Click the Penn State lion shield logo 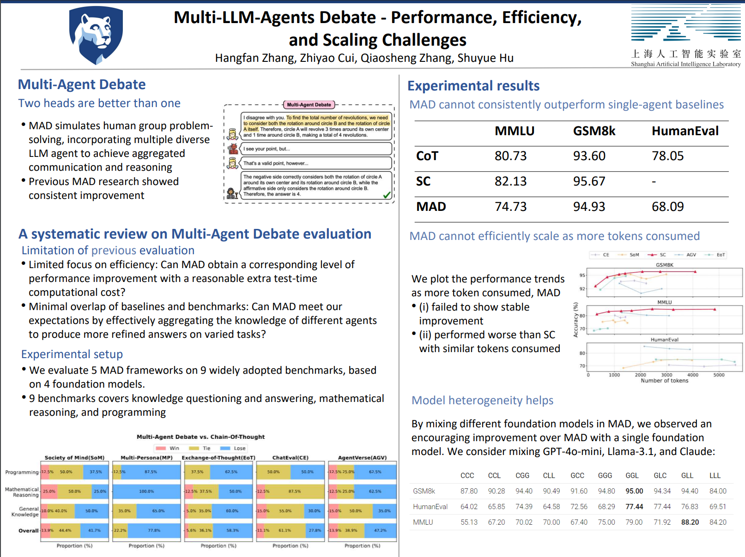(x=96, y=35)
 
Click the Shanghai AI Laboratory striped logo (x=685, y=23)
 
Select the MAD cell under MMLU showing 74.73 (x=510, y=207)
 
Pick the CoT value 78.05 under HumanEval (x=667, y=156)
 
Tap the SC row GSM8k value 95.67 (x=589, y=181)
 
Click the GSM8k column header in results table (x=594, y=131)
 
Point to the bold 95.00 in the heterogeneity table (x=634, y=491)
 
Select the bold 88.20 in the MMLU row (x=690, y=522)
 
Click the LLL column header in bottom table (x=715, y=475)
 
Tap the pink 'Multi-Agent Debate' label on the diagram (x=309, y=105)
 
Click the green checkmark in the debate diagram (x=387, y=195)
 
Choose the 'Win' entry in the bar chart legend (x=168, y=448)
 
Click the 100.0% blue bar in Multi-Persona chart (x=146, y=491)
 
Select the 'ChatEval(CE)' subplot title (x=291, y=458)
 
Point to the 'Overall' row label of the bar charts (x=28, y=531)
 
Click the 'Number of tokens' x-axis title (x=664, y=381)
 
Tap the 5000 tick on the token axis (x=719, y=375)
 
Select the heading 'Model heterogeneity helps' (x=482, y=400)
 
